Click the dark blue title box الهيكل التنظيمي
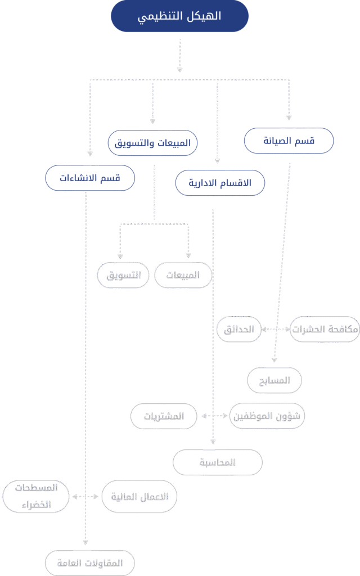coord(179,16)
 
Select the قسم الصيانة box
coord(289,141)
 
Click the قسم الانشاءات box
coord(90,178)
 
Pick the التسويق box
coord(123,276)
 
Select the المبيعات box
coord(183,276)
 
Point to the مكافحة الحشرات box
coord(325,330)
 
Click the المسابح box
coord(275,381)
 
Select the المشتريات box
coord(164,417)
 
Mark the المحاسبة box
coord(217,463)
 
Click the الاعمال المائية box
coord(139,497)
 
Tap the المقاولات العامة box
coord(90,562)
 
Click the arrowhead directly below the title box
coord(179,69)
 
